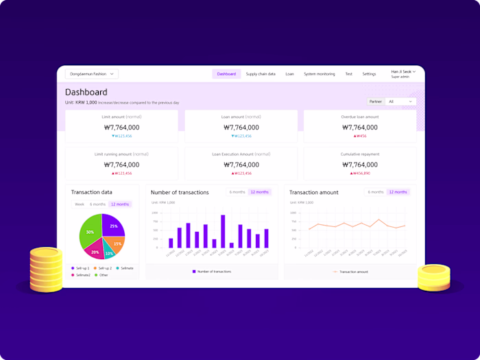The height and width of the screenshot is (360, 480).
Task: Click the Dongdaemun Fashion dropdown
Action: coord(92,74)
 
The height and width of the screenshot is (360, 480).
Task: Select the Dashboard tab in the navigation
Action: coord(226,74)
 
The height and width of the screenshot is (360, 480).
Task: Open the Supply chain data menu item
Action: coord(261,74)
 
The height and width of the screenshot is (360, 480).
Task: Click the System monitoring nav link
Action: coord(320,74)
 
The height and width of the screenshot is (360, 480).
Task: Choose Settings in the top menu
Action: coord(369,74)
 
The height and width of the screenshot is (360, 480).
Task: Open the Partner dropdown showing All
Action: coord(401,101)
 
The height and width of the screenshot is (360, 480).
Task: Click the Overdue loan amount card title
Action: coord(359,117)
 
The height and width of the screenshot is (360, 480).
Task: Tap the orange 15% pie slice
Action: coord(117,243)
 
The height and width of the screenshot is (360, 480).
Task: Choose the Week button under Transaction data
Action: coord(80,204)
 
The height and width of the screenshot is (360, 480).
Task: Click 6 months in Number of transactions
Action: coord(237,192)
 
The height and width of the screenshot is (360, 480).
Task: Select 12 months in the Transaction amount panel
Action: coord(398,192)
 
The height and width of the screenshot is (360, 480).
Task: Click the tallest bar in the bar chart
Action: coord(223,231)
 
